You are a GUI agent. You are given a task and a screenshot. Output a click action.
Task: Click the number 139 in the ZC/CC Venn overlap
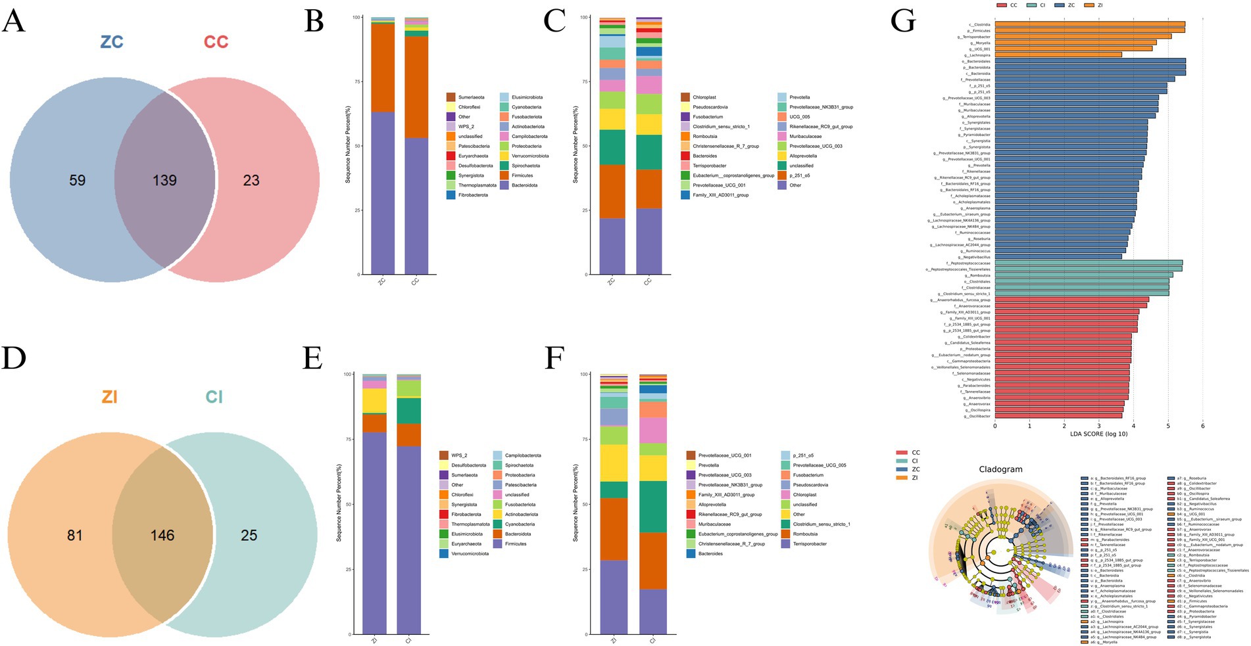click(164, 180)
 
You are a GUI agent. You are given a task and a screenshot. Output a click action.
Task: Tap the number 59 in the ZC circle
click(78, 180)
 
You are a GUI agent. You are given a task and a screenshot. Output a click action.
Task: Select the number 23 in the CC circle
click(251, 180)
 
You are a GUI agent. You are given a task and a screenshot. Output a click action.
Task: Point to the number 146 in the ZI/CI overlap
click(162, 535)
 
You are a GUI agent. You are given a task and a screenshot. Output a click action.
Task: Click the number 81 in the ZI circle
click(75, 535)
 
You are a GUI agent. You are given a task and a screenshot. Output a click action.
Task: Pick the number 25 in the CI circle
click(249, 535)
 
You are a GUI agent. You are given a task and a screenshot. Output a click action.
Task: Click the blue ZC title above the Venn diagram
click(112, 42)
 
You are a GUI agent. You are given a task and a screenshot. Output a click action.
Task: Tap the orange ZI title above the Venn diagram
click(109, 397)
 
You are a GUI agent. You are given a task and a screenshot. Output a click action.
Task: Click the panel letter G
click(902, 21)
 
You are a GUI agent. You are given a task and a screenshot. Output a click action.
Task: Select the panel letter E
click(312, 358)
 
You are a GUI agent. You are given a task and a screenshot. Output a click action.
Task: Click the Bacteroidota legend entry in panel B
click(524, 185)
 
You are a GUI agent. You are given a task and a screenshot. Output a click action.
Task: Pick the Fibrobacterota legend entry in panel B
click(473, 195)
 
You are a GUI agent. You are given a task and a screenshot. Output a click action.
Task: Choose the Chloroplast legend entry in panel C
click(704, 97)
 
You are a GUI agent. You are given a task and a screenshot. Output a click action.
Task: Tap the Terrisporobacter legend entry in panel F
click(810, 544)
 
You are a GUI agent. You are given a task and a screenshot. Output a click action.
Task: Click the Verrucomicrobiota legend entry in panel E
click(470, 554)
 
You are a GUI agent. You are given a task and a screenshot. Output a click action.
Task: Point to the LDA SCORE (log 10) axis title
click(1098, 434)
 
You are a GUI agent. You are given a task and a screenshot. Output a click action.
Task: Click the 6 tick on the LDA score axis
click(1202, 426)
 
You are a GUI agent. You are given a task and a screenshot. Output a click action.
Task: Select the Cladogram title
click(1000, 469)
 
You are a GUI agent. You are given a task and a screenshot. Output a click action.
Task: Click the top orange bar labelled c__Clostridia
click(1089, 24)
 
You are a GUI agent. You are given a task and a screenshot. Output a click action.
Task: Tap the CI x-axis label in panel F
click(652, 639)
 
